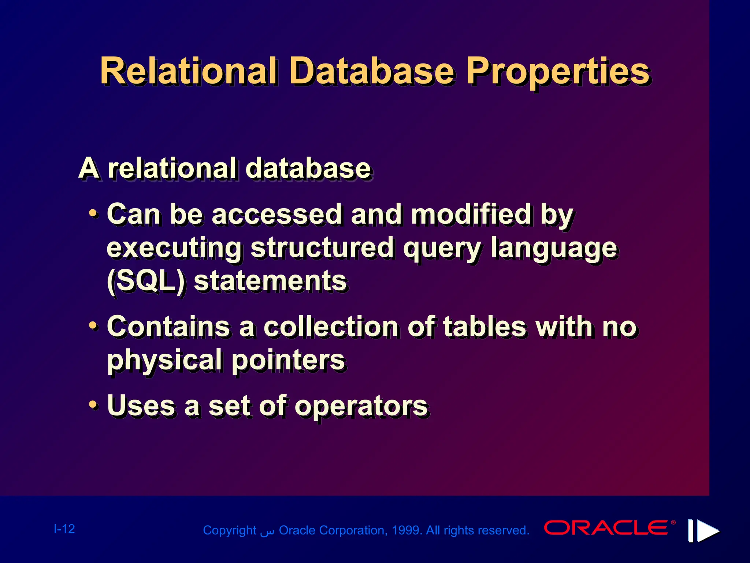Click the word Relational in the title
click(x=189, y=71)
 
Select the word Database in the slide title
click(x=372, y=71)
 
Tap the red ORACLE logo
click(x=606, y=528)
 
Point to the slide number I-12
click(x=64, y=529)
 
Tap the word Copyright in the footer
click(x=230, y=530)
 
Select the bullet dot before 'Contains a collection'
click(x=94, y=325)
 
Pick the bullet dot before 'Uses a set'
click(x=94, y=405)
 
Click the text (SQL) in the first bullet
click(x=146, y=281)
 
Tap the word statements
click(x=270, y=281)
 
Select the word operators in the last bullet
click(x=361, y=406)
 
